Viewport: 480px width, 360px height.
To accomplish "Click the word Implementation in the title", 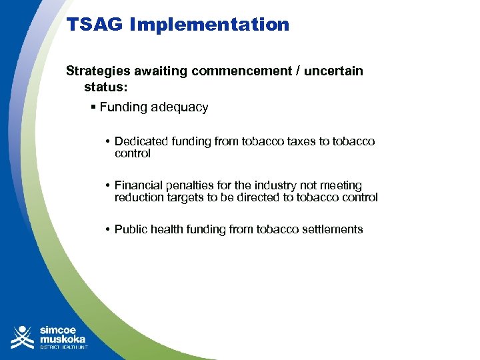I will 209,25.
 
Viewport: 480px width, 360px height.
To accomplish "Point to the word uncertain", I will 333,71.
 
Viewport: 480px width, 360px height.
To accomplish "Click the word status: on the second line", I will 106,87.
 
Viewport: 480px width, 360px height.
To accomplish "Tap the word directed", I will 255,197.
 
